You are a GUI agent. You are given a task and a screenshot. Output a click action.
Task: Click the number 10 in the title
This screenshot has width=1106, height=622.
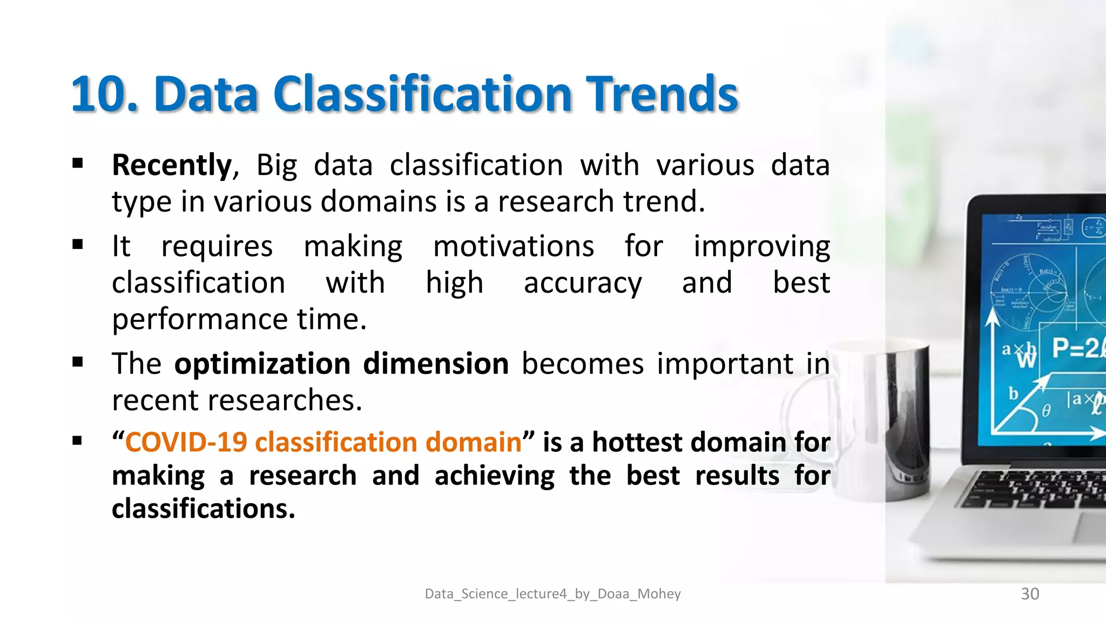click(100, 94)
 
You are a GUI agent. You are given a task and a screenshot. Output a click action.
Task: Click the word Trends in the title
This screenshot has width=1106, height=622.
click(662, 94)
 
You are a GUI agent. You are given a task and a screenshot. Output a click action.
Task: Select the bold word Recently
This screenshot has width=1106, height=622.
click(172, 165)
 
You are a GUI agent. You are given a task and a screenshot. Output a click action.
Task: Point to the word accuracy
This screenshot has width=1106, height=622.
click(583, 283)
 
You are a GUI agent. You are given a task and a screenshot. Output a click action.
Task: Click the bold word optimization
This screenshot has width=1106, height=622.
click(262, 364)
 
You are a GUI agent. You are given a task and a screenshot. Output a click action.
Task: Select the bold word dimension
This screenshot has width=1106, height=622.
click(436, 364)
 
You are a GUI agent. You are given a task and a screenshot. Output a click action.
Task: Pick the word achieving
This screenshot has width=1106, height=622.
click(494, 476)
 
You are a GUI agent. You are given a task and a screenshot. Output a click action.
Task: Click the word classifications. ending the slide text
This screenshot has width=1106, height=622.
click(204, 509)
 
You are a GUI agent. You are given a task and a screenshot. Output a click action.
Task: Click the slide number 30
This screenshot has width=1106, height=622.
click(1030, 594)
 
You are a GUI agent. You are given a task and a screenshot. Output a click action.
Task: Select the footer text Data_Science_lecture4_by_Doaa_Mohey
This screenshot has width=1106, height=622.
click(552, 594)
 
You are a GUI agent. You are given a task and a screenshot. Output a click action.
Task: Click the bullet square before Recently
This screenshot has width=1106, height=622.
click(78, 163)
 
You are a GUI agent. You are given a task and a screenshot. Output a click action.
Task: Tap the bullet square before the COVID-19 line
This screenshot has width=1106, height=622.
click(78, 441)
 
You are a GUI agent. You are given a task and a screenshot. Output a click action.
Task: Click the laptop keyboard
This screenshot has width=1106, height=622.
click(1037, 489)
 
